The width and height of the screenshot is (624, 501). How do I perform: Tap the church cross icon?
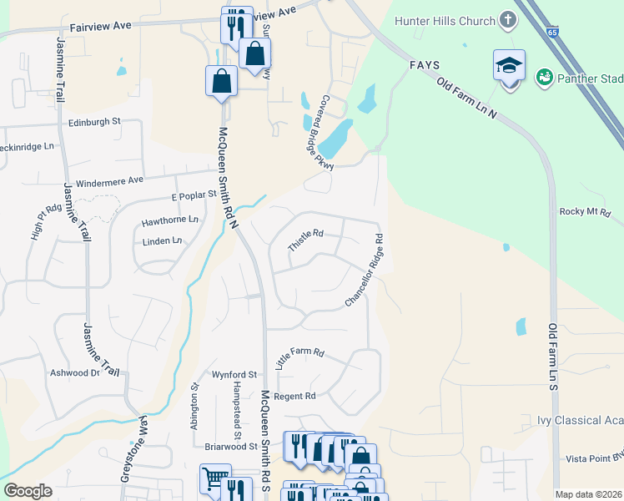coord(507,20)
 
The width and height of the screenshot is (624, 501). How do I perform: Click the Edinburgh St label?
coord(94,121)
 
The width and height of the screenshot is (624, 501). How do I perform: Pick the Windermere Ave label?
coord(109,181)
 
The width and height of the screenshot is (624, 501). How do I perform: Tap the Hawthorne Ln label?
coord(170,220)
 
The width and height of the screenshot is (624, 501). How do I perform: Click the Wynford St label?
coord(234,375)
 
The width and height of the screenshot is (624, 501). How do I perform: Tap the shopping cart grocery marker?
coord(214,478)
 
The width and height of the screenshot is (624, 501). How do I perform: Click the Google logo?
coord(28,491)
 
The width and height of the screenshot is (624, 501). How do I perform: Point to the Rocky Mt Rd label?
coord(586,212)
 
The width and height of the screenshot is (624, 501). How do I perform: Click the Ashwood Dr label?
coord(75,373)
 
